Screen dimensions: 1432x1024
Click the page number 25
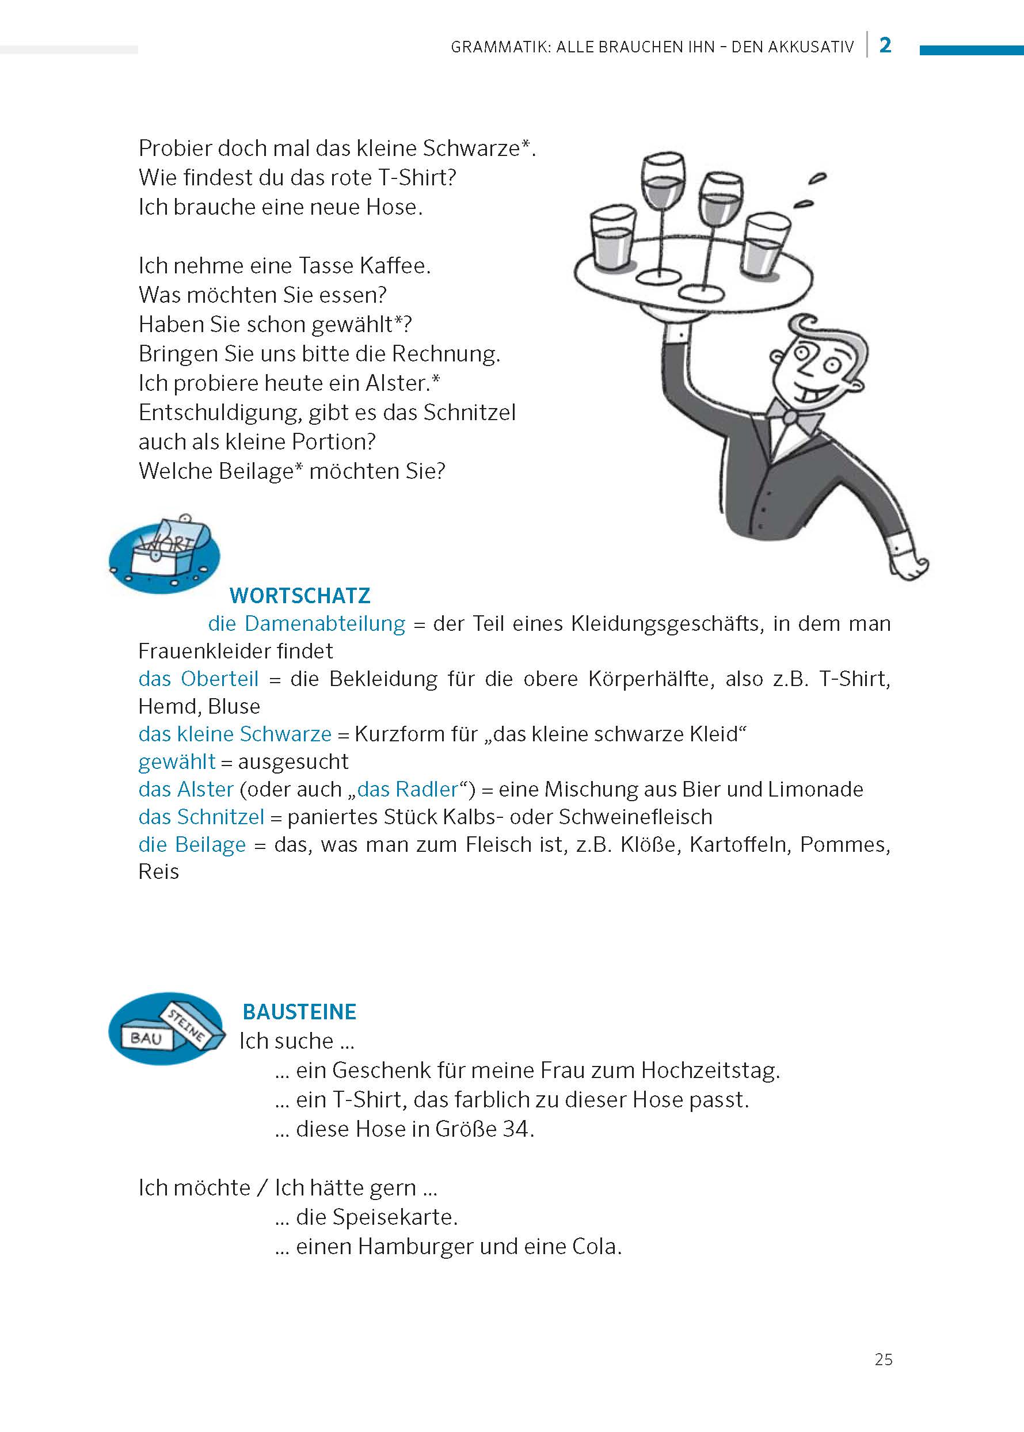coord(883,1359)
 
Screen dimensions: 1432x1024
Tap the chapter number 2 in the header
coord(885,45)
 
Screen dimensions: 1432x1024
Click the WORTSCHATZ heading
coord(299,595)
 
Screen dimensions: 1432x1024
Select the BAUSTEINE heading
coord(299,1011)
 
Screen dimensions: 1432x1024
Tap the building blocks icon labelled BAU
coord(166,1029)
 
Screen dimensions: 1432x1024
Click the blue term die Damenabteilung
coord(306,624)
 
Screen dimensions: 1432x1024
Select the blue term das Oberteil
coord(199,679)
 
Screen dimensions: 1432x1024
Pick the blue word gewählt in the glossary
coord(177,761)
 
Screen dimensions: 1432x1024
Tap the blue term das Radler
coord(408,790)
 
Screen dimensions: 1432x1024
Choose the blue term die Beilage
coord(192,845)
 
